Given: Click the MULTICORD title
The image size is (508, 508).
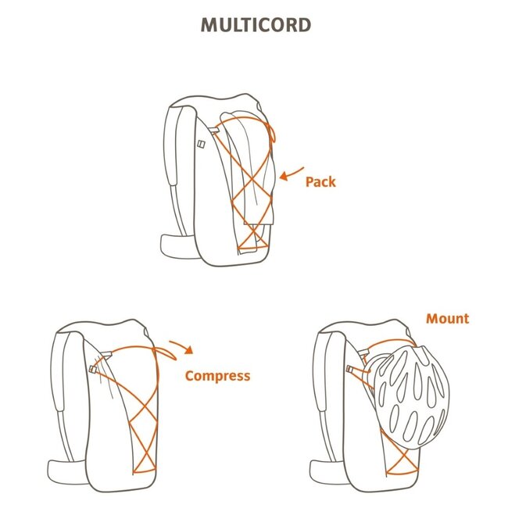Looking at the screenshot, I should tap(256, 24).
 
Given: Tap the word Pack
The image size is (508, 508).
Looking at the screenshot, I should tap(320, 181).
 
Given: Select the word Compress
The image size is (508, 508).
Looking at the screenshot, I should tap(217, 376).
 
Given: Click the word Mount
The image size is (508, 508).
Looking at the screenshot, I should tap(447, 318).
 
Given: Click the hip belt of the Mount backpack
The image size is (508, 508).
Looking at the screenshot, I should tap(326, 470).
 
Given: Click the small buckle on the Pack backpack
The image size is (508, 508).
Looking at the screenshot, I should tap(200, 144).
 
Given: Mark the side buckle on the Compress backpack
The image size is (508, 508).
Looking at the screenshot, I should tap(93, 367).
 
